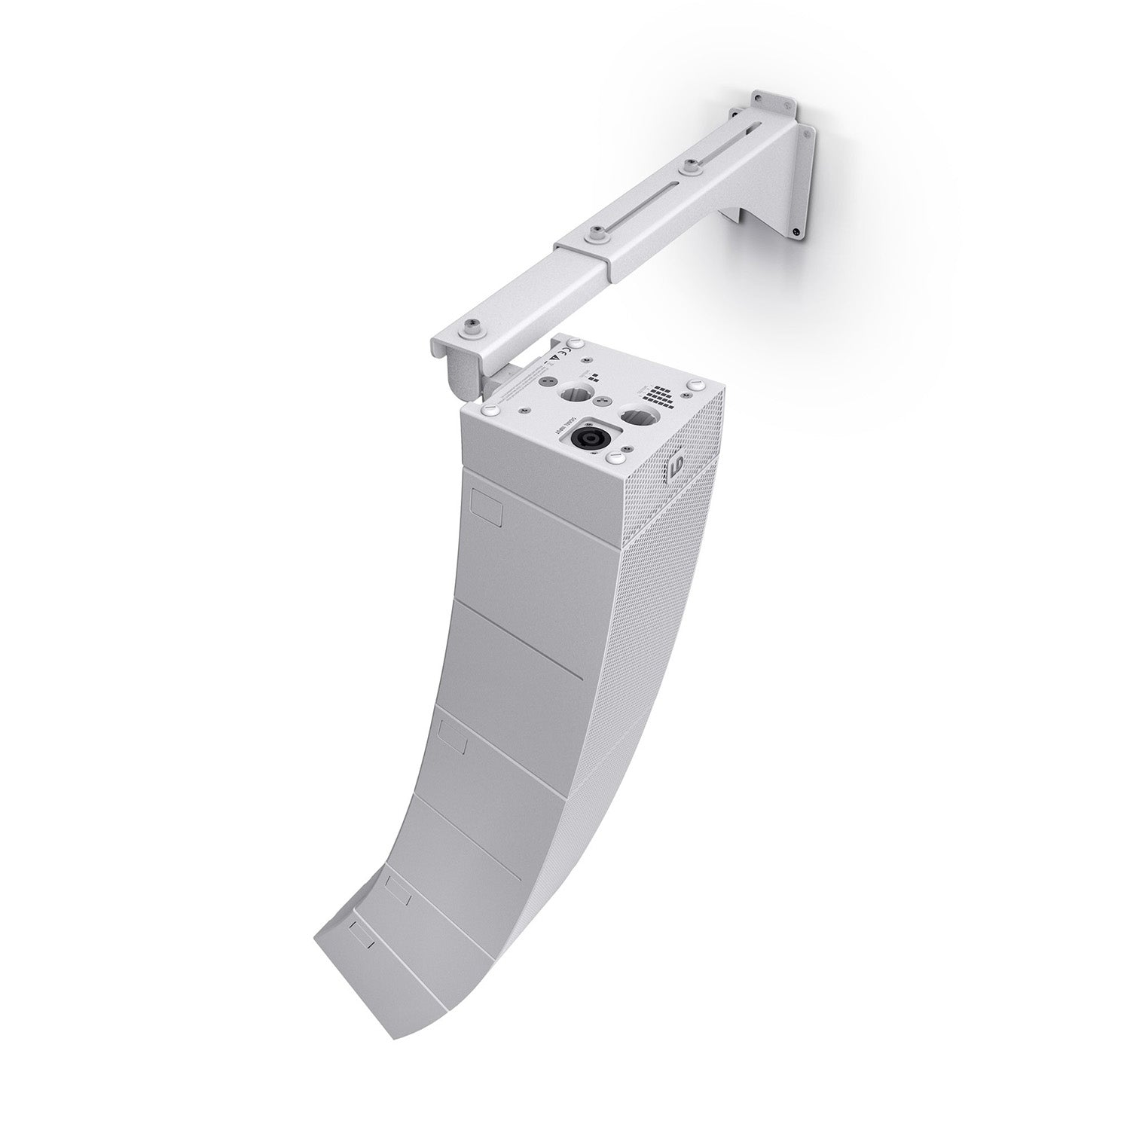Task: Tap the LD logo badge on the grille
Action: [x=675, y=469]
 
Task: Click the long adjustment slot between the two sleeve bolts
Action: [x=640, y=203]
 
